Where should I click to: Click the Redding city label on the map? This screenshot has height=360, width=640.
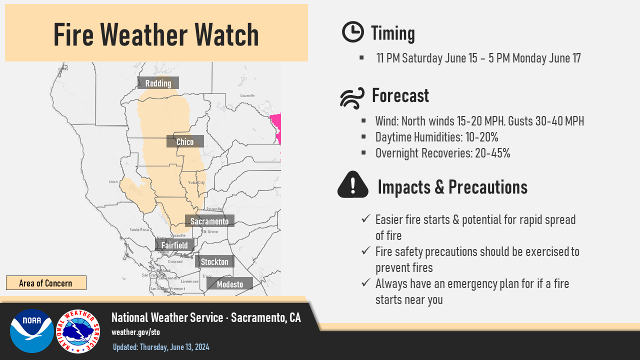(x=158, y=83)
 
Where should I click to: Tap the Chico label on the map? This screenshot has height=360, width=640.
(x=185, y=142)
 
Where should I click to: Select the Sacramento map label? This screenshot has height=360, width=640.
(x=209, y=221)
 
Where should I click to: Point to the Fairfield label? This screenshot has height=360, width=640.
(x=174, y=245)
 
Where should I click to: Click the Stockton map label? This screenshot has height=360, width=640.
(x=214, y=262)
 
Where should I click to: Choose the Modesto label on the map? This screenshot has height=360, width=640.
(x=230, y=284)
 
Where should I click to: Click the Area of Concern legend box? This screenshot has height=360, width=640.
(x=46, y=283)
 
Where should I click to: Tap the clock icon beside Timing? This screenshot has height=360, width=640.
(x=352, y=32)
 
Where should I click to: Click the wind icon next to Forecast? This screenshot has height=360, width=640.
(x=352, y=97)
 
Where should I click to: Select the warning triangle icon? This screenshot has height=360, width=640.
(x=353, y=185)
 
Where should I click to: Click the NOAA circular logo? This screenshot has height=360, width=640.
(x=31, y=331)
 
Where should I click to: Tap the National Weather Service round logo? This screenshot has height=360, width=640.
(x=78, y=331)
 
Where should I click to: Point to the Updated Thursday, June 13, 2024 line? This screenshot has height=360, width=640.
(x=161, y=347)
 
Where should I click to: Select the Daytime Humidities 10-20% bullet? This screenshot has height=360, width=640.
(x=436, y=137)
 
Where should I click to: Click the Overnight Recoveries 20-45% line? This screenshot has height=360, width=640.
(x=442, y=153)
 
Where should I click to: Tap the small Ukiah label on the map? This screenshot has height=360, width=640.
(x=113, y=182)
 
